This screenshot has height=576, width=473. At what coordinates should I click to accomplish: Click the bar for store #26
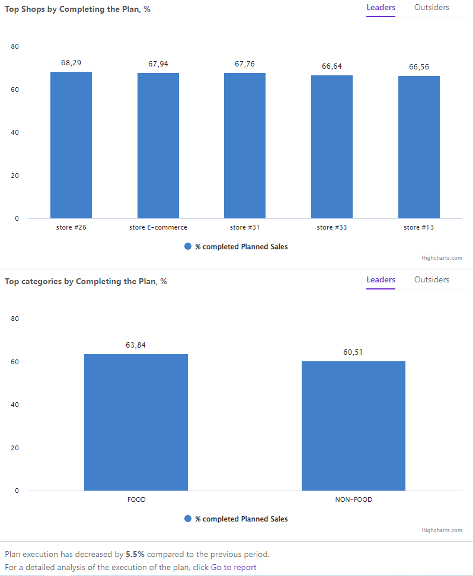(71, 145)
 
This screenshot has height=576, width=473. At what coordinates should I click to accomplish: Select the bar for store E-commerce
(158, 146)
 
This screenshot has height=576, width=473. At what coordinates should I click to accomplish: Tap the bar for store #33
(332, 147)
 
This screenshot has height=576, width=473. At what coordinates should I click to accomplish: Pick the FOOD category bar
(136, 422)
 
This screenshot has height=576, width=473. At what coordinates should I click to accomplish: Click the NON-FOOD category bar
(353, 426)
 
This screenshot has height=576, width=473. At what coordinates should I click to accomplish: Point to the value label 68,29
(71, 62)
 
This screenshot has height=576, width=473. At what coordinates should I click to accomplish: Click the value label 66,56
(419, 67)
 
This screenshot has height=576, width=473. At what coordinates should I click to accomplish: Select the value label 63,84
(136, 345)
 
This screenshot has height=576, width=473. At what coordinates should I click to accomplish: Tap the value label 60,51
(353, 352)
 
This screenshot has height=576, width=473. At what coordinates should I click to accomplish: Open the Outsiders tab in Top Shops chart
(432, 8)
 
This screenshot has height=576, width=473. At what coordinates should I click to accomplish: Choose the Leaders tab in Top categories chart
(381, 280)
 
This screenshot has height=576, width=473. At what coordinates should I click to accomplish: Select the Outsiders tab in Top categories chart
(432, 280)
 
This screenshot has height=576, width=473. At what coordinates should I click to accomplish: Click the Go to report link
(234, 567)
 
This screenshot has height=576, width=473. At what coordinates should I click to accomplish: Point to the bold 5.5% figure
(135, 555)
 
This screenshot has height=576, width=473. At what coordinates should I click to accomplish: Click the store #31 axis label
(245, 227)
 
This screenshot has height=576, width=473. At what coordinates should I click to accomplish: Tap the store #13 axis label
(419, 227)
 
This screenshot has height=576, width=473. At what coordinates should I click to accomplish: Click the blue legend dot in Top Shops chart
(188, 246)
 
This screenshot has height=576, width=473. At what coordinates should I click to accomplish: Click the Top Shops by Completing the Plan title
(77, 9)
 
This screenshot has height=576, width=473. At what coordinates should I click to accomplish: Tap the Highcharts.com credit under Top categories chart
(442, 530)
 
